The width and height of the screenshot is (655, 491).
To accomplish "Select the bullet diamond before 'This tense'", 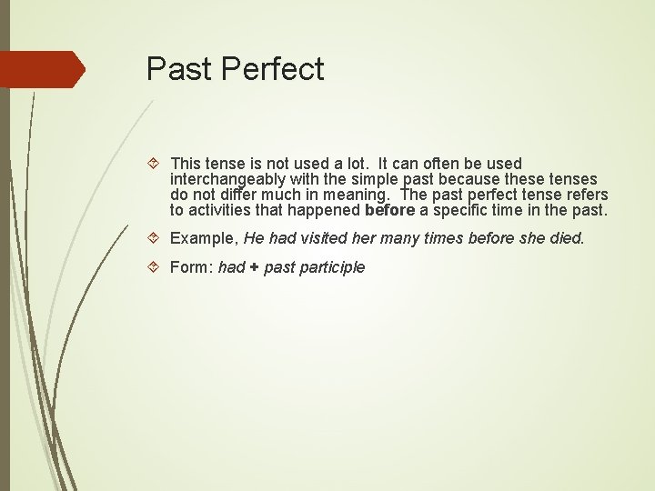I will click(x=156, y=165).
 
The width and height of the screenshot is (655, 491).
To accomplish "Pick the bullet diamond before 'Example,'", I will click(x=156, y=238).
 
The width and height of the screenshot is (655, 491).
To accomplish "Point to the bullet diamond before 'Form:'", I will click(x=156, y=267).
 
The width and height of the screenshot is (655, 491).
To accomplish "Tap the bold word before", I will click(x=389, y=211).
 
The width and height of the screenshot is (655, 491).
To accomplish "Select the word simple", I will click(x=377, y=180).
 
